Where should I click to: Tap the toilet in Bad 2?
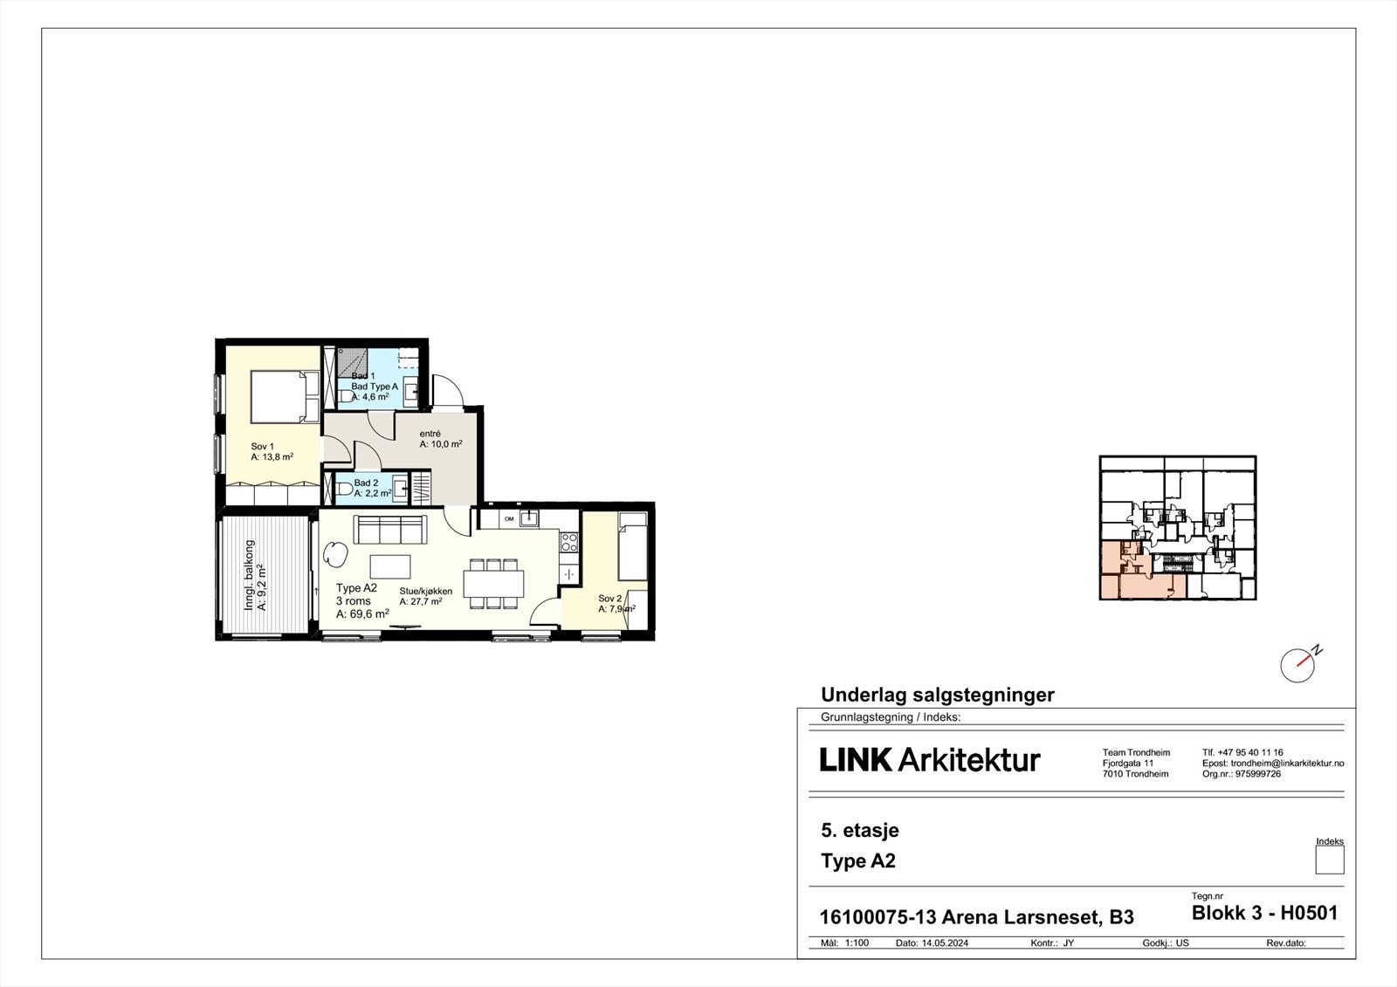point(343,489)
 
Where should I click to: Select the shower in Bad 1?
point(352,360)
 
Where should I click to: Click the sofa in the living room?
point(389,529)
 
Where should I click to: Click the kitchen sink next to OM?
point(528,518)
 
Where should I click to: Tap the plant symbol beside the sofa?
point(335,552)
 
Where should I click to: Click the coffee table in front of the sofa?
point(389,566)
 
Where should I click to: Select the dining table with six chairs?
point(494,583)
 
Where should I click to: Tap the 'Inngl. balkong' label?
point(250,574)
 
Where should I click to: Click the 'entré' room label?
point(430,434)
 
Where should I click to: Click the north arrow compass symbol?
point(1298,665)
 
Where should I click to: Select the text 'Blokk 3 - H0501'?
point(1263,913)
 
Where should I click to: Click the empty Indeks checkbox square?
point(1329,860)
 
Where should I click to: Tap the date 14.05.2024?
point(945,943)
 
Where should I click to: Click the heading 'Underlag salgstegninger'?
point(937,695)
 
